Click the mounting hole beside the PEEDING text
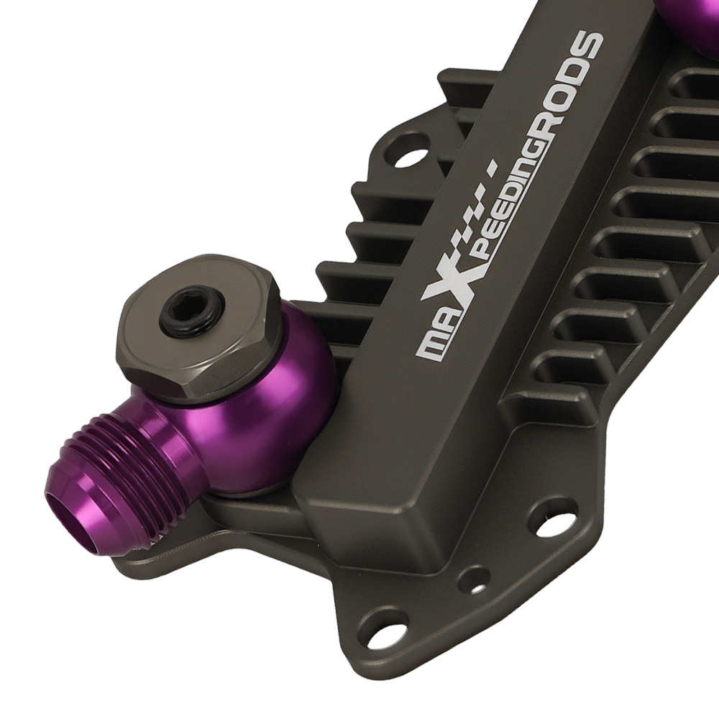(404, 157)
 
